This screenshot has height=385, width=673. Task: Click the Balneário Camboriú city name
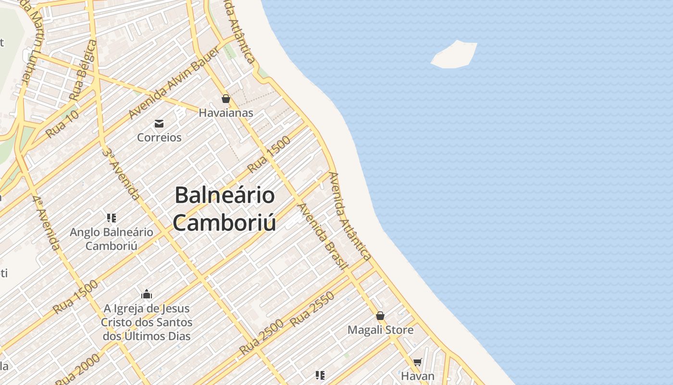coord(224,209)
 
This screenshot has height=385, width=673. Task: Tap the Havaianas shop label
coord(226,113)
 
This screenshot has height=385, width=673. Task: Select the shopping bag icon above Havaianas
coord(226,99)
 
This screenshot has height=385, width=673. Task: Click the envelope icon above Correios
coord(159,124)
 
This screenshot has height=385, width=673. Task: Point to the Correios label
coord(159,138)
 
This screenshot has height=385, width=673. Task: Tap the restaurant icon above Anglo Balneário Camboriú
coord(112,218)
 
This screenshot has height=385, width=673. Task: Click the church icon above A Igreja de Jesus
coord(147,294)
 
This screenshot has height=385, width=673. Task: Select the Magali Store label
coord(380,330)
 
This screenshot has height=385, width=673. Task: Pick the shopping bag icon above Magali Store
coord(380,316)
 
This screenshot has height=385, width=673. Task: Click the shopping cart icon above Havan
coord(417,362)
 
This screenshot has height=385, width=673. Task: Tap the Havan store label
coord(417,376)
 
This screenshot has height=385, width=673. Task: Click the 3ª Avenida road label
coord(121,174)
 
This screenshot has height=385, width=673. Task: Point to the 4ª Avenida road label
coord(47,223)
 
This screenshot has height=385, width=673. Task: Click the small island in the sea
coord(454,54)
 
